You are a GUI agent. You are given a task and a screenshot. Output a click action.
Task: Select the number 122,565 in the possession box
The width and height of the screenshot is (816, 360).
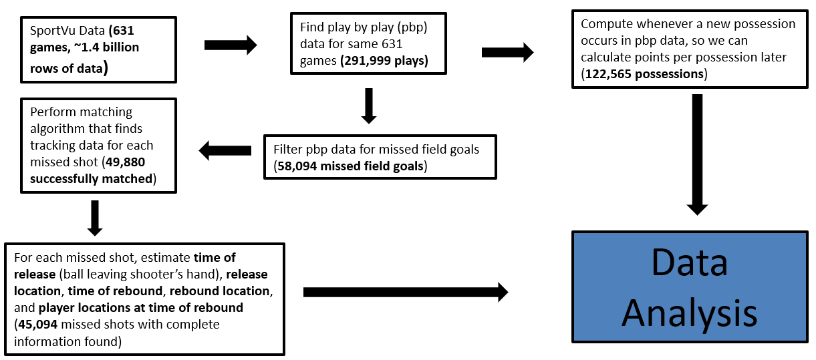[607, 74]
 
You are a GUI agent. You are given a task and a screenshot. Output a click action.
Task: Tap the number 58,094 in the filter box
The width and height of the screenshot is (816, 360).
[297, 166]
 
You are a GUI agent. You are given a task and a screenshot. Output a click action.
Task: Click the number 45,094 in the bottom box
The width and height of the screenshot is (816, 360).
[38, 325]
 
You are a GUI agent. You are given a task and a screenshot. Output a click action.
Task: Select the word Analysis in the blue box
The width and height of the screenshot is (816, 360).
[689, 313]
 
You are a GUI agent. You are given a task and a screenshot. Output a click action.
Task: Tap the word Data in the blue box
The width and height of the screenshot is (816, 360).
[689, 262]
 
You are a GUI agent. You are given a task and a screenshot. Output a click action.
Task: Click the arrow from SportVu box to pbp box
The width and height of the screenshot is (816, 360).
[231, 45]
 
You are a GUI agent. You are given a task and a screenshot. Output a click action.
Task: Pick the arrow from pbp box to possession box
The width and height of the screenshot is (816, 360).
[508, 52]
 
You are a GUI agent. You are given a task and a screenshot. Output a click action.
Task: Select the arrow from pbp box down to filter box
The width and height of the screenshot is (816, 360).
[369, 106]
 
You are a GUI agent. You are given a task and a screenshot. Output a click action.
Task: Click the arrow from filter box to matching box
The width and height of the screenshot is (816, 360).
[225, 150]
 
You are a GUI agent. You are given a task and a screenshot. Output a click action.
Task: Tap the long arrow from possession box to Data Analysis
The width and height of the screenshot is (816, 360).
[697, 155]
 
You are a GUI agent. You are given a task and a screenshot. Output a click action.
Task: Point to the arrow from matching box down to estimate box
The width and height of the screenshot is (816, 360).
[95, 218]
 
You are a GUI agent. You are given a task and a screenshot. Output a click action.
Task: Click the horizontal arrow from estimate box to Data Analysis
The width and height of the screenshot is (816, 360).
[406, 292]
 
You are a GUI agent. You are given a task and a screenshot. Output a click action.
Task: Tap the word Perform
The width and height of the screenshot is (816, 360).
[54, 112]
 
